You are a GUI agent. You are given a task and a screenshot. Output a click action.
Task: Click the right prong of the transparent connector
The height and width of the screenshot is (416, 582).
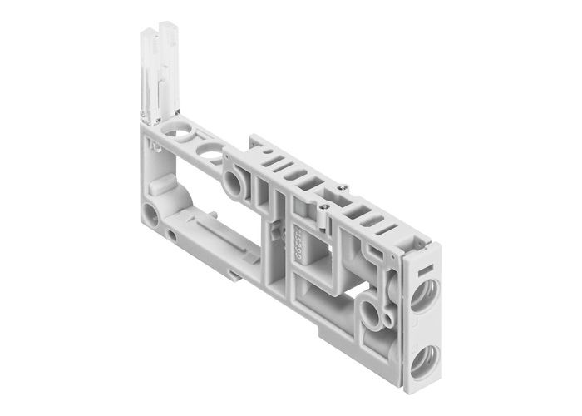click(170, 71)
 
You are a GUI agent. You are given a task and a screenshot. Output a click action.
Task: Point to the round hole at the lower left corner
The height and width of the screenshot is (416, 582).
click(149, 210)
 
